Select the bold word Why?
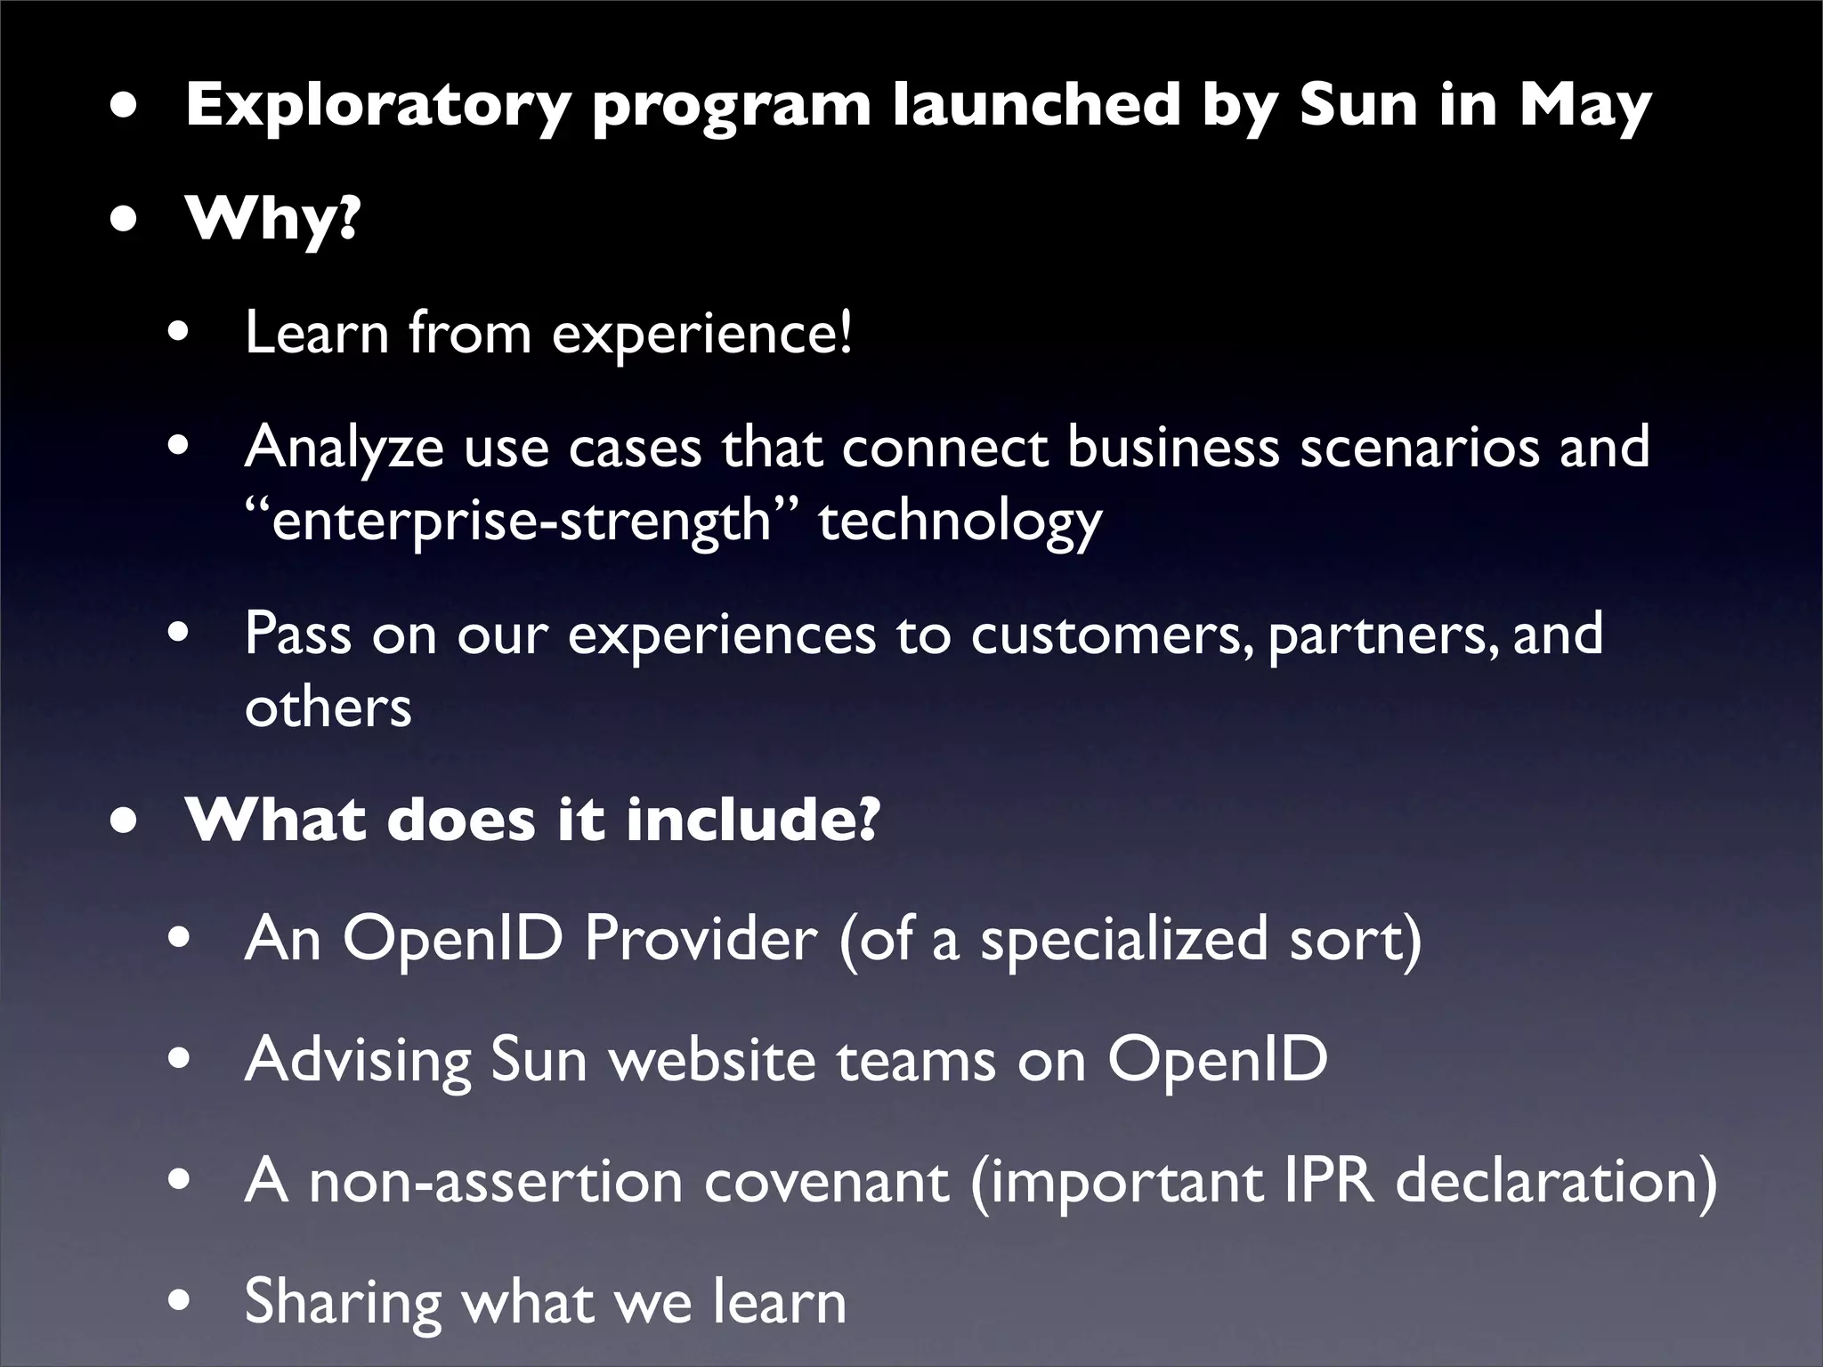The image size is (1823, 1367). pyautogui.click(x=271, y=219)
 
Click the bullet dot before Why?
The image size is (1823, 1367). pyautogui.click(x=126, y=219)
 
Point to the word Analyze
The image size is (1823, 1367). pyautogui.click(x=344, y=447)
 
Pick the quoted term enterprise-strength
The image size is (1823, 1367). pyautogui.click(x=521, y=521)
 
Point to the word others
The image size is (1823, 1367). pyautogui.click(x=328, y=708)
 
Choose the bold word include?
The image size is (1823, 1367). pyautogui.click(x=752, y=820)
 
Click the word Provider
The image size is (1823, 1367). pyautogui.click(x=701, y=939)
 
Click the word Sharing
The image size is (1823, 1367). pyautogui.click(x=343, y=1302)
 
